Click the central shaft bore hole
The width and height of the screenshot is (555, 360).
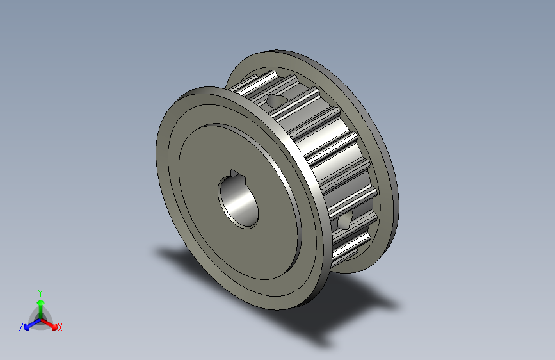point(238,200)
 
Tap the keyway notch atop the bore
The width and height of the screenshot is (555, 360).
point(234,173)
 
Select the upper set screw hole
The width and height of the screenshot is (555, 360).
point(275,101)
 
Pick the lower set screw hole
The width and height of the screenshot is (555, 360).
point(344,222)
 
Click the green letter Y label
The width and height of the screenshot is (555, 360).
point(40,293)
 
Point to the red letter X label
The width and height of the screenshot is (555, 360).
point(60,328)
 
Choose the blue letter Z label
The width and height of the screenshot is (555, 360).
point(21,327)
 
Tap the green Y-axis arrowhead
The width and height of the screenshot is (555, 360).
point(41,302)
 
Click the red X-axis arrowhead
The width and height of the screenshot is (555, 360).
point(54,327)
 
